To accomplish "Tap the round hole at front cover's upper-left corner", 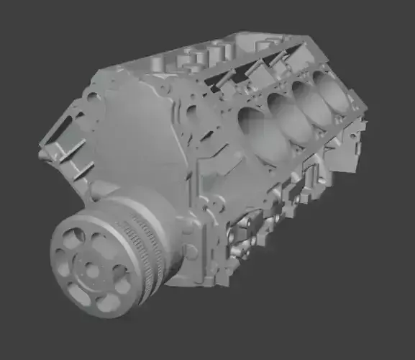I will (91, 94).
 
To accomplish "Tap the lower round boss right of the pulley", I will (191, 251).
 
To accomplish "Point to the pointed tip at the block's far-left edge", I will (41, 153).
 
